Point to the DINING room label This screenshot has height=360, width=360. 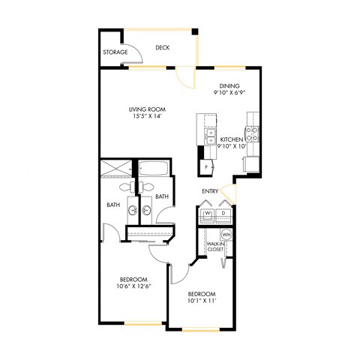(x=229, y=86)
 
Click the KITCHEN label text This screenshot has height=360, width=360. (x=232, y=139)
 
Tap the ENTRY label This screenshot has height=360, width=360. (x=210, y=191)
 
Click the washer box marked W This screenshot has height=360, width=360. (x=207, y=214)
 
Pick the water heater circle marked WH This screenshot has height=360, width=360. (x=225, y=235)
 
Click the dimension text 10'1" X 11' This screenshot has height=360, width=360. (x=202, y=300)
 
